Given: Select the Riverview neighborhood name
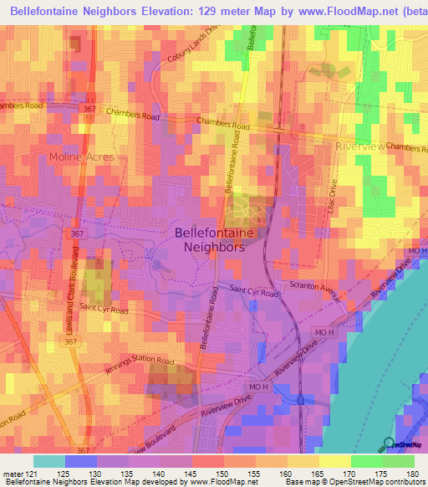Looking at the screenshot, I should [x=358, y=146].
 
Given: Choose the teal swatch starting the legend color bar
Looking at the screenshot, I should [x=49, y=461].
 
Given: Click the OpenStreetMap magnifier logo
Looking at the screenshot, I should [x=389, y=443].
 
